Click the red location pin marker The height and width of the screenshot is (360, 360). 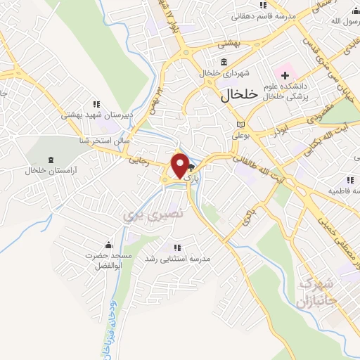[180, 166]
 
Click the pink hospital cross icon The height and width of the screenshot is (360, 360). [285, 74]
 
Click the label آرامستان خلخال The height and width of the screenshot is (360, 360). [50, 170]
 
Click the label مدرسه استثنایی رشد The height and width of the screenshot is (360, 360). [178, 259]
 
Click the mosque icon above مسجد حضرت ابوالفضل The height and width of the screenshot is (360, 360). [108, 245]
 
